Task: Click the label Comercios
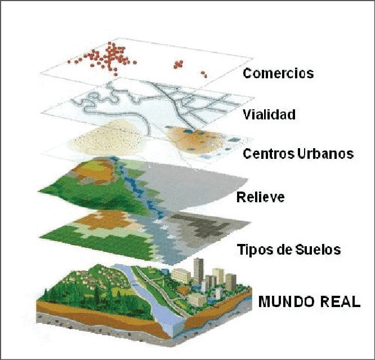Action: click(278, 73)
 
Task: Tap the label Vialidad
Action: click(269, 114)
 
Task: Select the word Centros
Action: click(269, 154)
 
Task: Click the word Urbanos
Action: click(325, 154)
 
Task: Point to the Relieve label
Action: click(261, 197)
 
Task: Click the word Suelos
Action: click(318, 250)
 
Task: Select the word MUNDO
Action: click(286, 301)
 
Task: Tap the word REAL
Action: click(340, 301)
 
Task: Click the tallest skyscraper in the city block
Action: click(199, 271)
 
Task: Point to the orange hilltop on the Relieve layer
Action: click(95, 171)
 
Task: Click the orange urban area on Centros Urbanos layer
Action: click(195, 140)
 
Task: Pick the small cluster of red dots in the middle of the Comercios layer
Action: click(178, 64)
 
